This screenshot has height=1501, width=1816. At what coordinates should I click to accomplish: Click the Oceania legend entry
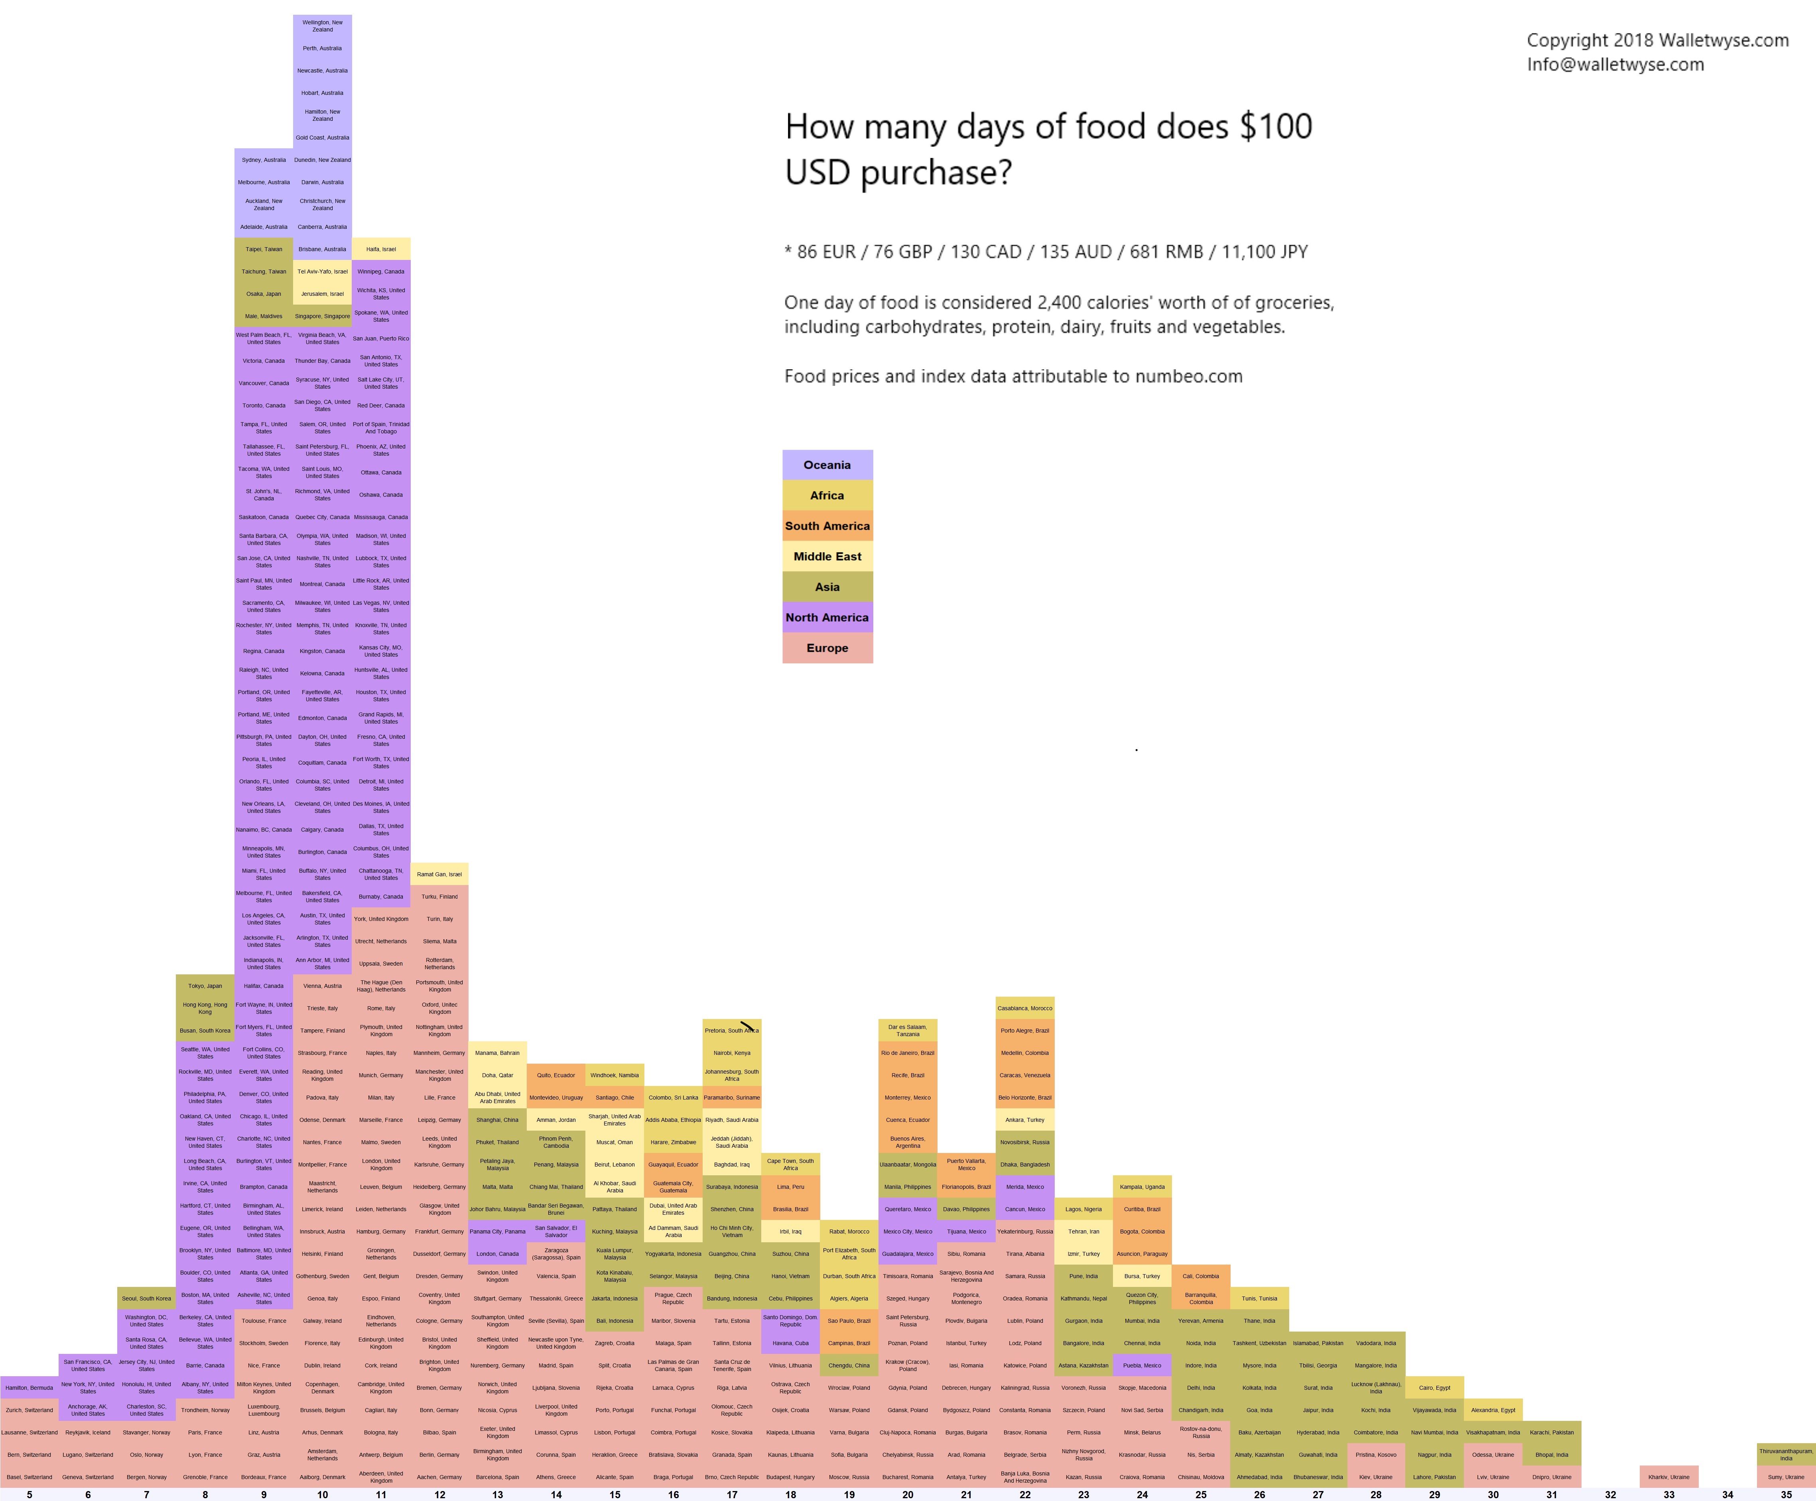[827, 465]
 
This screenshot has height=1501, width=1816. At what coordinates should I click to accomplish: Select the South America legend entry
[827, 526]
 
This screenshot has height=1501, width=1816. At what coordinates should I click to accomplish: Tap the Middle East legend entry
[827, 556]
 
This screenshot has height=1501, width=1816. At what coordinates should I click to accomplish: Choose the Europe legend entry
[827, 647]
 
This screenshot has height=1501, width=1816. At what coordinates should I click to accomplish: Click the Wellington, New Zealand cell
[323, 26]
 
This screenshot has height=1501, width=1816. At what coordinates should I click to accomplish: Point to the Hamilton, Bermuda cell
[30, 1388]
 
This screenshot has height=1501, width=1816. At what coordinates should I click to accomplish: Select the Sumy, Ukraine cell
[1786, 1477]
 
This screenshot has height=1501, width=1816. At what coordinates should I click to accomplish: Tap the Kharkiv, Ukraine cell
[1668, 1477]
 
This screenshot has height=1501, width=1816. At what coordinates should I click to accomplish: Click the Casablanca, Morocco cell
[1025, 1008]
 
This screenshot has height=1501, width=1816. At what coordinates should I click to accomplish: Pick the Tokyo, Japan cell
[205, 986]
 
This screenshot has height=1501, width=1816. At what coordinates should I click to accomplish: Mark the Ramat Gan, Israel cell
[439, 874]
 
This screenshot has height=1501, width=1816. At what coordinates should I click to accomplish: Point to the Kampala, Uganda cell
[1142, 1187]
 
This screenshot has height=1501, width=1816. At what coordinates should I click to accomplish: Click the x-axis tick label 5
[30, 1494]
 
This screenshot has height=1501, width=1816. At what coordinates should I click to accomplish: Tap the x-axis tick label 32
[1610, 1494]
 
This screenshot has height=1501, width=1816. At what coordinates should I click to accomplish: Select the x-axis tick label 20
[907, 1494]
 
